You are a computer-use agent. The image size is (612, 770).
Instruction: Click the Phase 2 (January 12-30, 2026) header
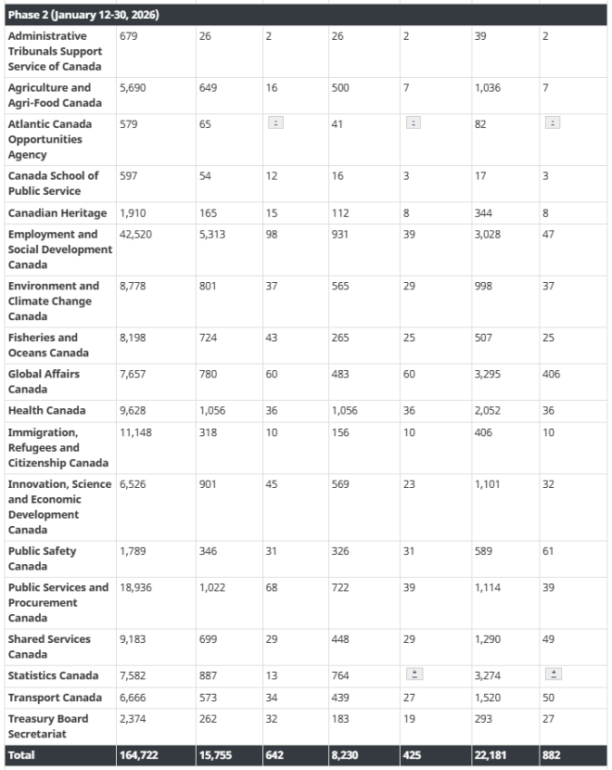coord(70,15)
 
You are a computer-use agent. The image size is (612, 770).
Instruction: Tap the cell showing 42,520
coord(135,235)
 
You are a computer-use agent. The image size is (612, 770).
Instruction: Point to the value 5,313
coord(214,235)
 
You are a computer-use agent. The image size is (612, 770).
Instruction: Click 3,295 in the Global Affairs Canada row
coord(490,375)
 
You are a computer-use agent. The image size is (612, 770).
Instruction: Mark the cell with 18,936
coord(135,588)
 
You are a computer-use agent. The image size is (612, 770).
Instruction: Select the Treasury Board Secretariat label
coord(48,726)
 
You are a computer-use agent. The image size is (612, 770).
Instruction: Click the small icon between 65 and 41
coord(275,123)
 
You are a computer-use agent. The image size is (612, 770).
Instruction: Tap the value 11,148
coord(135,433)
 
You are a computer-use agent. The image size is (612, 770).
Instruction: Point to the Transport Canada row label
coord(55,698)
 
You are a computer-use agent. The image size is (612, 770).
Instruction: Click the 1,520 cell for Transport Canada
coord(489,698)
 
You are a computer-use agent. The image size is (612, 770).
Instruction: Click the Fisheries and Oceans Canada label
coord(48,345)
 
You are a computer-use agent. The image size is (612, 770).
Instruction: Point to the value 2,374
coord(134,719)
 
